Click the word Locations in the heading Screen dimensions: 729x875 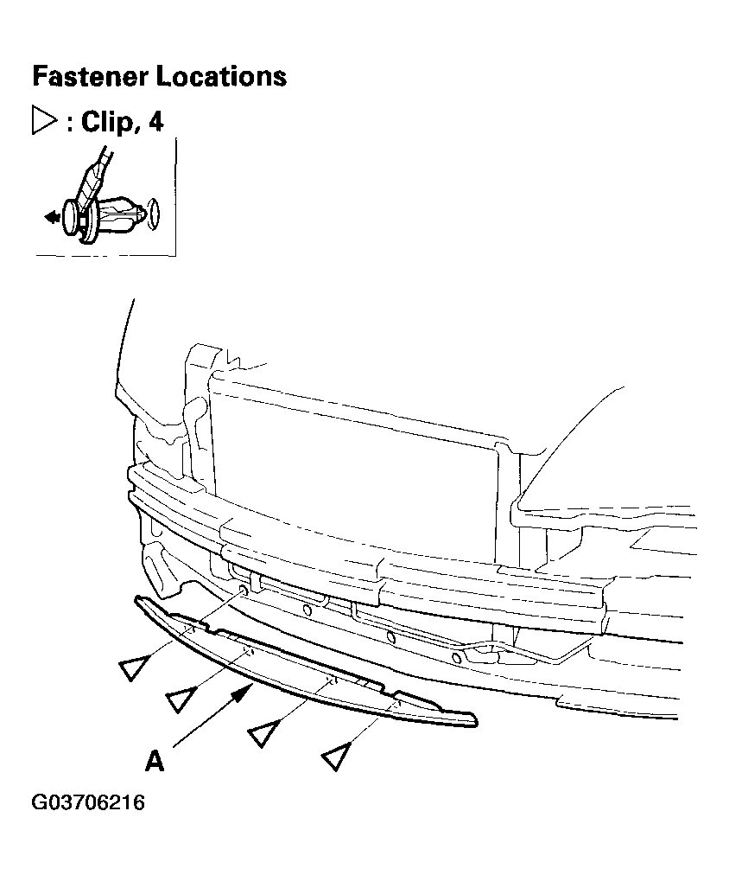point(221,76)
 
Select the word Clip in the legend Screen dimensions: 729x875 point(107,122)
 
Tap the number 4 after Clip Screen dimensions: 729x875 point(155,122)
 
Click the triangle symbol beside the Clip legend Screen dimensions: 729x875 point(43,120)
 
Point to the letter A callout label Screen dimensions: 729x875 point(155,760)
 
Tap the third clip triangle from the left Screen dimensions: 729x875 point(263,732)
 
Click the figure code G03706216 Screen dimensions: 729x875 point(88,802)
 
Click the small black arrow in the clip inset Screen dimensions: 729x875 point(52,216)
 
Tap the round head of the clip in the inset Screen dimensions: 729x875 point(71,217)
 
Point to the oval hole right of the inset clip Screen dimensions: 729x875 point(154,214)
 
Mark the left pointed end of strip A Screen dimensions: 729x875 point(136,599)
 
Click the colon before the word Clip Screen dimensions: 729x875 point(70,124)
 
